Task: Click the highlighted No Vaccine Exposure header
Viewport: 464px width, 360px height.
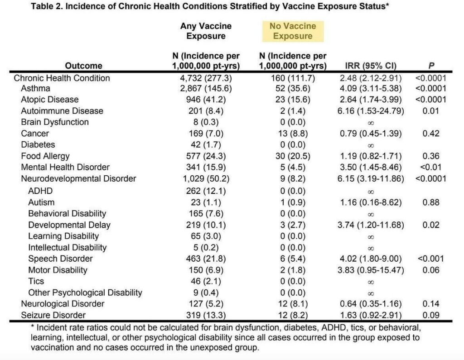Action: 293,31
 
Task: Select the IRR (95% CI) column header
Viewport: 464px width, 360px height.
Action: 371,65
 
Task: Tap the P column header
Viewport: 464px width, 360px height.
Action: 431,65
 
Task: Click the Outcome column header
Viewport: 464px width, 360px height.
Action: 84,65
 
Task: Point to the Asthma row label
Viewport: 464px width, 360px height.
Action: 35,88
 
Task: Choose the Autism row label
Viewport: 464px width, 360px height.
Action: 41,202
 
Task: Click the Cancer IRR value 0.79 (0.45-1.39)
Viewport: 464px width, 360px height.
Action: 371,134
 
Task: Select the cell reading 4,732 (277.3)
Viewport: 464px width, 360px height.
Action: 206,78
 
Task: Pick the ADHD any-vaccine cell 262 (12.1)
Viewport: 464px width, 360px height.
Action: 206,191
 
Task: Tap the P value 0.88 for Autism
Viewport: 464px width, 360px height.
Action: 431,202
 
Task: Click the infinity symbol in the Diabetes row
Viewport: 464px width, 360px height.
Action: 371,145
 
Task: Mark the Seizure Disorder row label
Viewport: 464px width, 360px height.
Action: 53,315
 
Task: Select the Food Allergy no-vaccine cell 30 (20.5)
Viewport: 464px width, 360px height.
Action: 293,156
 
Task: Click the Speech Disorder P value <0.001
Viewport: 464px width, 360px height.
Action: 431,259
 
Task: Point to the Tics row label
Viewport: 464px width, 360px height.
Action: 36,281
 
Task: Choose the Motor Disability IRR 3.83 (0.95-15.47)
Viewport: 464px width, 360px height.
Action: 371,270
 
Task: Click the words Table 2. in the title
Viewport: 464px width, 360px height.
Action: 47,6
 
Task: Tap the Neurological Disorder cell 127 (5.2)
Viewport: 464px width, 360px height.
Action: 206,304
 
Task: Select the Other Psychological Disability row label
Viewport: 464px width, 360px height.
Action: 85,293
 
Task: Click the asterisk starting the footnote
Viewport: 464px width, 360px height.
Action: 33,326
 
